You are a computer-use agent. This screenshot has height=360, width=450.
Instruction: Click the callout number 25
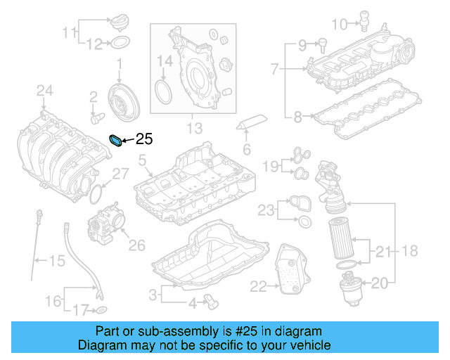[x=143, y=139]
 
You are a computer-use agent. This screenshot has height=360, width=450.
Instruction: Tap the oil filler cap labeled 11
[x=118, y=22]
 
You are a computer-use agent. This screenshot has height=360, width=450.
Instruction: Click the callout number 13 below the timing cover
[x=193, y=128]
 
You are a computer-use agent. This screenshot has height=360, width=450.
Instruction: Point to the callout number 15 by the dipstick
[x=57, y=262]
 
